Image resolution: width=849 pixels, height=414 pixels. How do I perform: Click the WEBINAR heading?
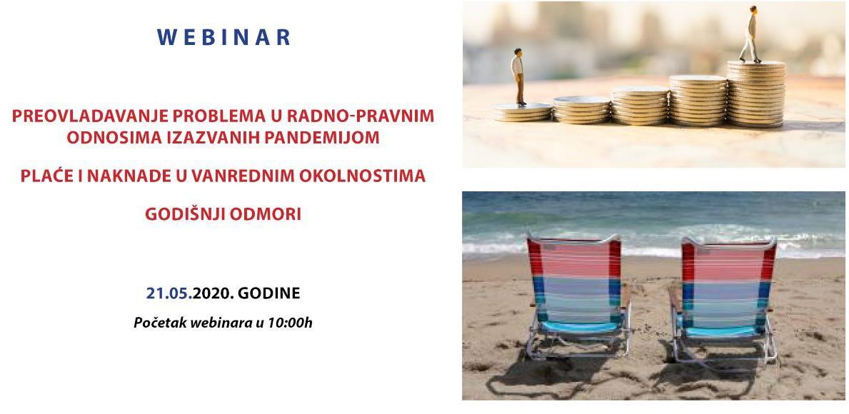click(x=224, y=37)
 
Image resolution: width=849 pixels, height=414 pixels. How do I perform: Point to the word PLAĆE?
click(x=46, y=176)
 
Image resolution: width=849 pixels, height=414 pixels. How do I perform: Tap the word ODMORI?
click(x=265, y=214)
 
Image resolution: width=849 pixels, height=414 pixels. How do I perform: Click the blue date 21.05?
click(x=169, y=293)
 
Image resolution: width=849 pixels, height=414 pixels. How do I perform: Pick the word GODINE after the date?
click(x=269, y=293)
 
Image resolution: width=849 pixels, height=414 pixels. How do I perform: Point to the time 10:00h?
click(x=289, y=323)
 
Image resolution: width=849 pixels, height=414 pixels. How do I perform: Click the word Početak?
click(x=159, y=323)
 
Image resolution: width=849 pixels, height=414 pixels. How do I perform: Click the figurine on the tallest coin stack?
click(x=751, y=34)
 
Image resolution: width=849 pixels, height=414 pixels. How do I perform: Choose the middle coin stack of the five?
click(x=640, y=106)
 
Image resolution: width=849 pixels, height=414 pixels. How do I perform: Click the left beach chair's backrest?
click(x=573, y=278)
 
